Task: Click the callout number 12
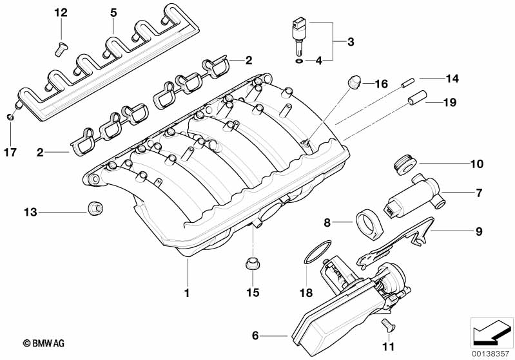[x=61, y=13]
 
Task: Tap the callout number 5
[x=113, y=12]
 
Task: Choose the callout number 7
[x=479, y=192]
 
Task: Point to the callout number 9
[x=478, y=231]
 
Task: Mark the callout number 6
[x=255, y=335]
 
